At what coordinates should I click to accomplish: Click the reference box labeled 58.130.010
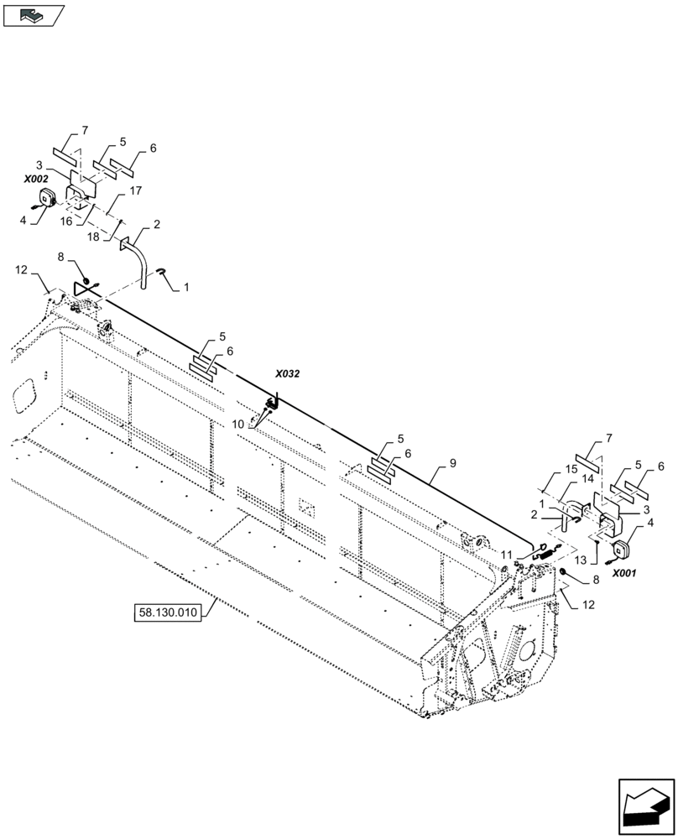click(x=166, y=612)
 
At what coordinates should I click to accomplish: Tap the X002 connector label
click(x=36, y=180)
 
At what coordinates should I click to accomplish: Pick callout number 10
click(x=238, y=425)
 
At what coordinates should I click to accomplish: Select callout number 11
click(x=507, y=555)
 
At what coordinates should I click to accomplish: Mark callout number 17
click(x=135, y=190)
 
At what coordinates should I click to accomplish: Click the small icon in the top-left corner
click(x=34, y=14)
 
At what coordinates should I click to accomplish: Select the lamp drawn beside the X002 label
click(x=44, y=199)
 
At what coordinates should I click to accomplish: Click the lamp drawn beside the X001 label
click(x=623, y=550)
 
